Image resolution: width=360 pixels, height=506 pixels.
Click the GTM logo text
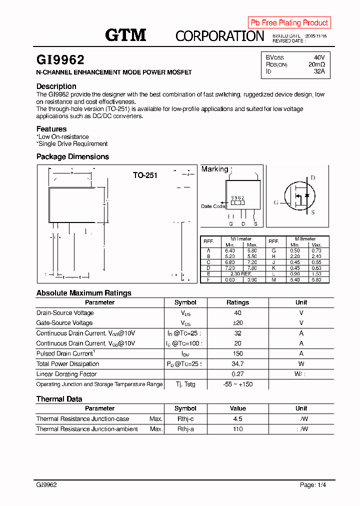point(125,35)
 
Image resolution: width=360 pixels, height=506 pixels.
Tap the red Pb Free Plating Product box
point(289,22)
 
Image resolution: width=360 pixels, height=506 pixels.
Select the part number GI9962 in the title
point(60,60)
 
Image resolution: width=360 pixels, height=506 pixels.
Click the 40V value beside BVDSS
point(319,57)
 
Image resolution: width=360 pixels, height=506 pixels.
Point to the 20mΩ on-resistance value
point(316,64)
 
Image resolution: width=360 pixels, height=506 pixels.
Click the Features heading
point(51,129)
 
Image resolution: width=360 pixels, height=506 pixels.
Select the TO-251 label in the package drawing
point(145,175)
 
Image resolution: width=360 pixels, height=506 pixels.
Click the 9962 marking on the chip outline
point(237,197)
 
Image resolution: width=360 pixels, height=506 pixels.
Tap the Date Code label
point(213,206)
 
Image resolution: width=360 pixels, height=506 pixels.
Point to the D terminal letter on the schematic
point(313,177)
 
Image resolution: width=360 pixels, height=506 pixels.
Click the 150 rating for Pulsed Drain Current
point(237,353)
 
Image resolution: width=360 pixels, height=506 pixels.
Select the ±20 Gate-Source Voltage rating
point(237,323)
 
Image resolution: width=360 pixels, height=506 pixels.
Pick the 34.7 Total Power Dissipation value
point(237,364)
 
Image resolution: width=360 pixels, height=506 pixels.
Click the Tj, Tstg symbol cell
point(185,384)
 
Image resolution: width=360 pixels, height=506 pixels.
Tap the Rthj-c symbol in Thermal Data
point(185,419)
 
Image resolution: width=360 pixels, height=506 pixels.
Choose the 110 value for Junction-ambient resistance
point(237,429)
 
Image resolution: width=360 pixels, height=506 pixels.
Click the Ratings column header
point(237,302)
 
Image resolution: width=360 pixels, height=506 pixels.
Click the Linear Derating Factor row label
point(66,374)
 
